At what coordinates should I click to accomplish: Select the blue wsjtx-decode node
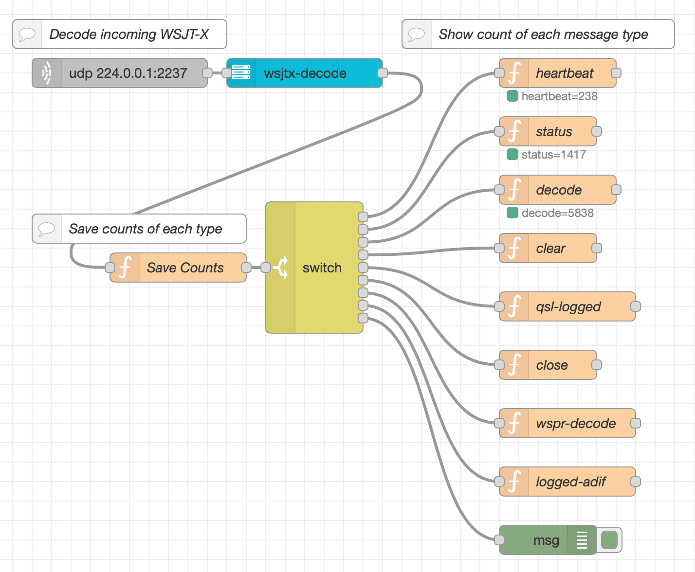point(305,73)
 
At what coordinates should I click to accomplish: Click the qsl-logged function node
point(567,306)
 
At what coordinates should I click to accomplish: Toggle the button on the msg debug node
point(609,540)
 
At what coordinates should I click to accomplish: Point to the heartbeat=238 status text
point(559,96)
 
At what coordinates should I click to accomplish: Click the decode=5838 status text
point(557,213)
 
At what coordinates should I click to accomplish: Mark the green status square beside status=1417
point(512,155)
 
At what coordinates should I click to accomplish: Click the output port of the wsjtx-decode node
point(383,73)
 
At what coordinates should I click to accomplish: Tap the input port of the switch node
point(266,268)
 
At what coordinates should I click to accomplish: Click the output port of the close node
point(597,365)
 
